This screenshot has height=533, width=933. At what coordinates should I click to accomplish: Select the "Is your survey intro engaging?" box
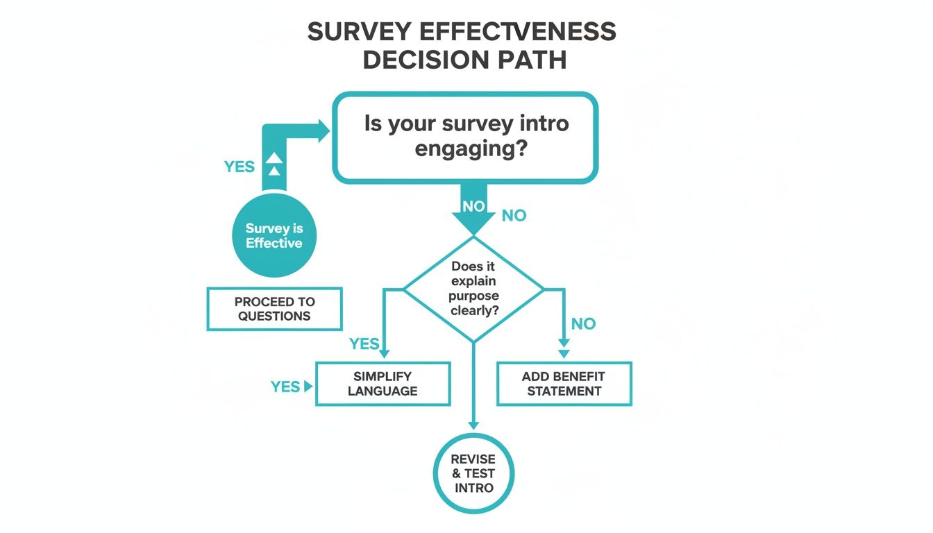[465, 137]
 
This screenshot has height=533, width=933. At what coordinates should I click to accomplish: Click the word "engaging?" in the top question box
[466, 149]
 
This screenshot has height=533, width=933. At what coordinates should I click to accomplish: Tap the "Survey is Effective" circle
[274, 236]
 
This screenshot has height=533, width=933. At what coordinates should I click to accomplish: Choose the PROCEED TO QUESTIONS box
[275, 309]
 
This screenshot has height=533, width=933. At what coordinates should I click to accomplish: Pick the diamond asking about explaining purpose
[474, 288]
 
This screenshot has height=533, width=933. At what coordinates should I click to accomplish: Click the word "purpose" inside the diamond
[474, 296]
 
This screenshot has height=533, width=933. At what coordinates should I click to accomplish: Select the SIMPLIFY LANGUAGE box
[383, 384]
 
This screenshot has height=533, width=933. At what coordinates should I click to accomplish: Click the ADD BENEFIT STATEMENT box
[564, 384]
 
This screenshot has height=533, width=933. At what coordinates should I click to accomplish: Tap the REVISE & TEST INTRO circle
[473, 473]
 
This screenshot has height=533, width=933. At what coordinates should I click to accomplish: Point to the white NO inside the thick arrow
[473, 206]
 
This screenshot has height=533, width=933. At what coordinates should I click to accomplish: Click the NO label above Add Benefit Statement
[583, 323]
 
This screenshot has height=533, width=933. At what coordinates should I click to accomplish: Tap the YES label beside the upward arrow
[239, 167]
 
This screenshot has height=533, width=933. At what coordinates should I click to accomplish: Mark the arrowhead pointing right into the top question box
[323, 131]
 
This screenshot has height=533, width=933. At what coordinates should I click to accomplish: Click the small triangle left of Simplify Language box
[308, 387]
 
